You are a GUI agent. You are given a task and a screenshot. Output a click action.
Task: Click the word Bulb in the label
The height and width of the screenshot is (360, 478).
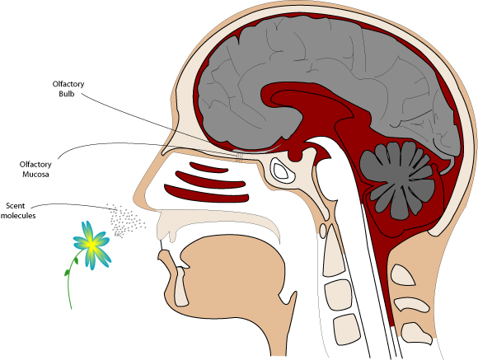click(x=67, y=94)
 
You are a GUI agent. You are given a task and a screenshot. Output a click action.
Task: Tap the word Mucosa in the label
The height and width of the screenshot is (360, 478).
click(x=35, y=175)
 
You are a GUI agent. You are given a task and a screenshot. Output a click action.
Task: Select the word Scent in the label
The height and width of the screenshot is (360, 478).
click(x=15, y=205)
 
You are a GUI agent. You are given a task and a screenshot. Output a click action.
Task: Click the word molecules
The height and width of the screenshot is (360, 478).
click(x=18, y=216)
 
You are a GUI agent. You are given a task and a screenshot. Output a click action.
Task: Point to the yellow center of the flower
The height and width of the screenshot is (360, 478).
click(x=91, y=244)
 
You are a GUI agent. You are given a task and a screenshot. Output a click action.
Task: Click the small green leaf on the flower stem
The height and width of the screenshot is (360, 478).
click(x=76, y=260)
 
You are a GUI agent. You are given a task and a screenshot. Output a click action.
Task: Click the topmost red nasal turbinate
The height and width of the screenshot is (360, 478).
click(x=209, y=167)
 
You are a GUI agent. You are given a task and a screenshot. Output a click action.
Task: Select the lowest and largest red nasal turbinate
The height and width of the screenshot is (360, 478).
click(x=206, y=194)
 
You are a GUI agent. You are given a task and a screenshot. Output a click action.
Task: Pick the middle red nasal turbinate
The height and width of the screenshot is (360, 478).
click(x=210, y=180)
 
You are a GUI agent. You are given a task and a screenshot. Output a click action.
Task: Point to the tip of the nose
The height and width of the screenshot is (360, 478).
click(x=134, y=198)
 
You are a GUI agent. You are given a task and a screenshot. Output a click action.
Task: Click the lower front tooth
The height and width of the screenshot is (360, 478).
click(x=181, y=287)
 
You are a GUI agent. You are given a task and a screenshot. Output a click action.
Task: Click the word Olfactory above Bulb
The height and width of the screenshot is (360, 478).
click(x=68, y=84)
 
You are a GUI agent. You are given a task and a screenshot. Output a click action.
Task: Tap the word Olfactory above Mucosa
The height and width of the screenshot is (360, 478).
click(x=35, y=165)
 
